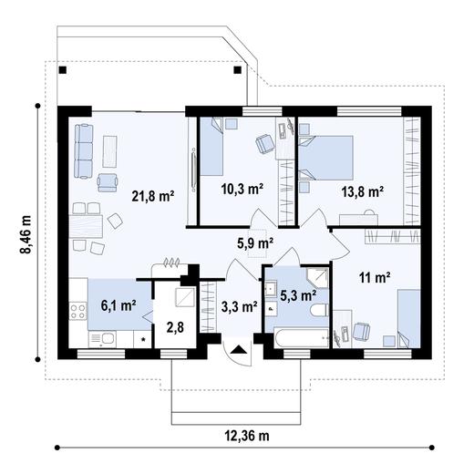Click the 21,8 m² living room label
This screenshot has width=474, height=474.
pos(153,196)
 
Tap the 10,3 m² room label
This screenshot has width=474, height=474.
pos(242,189)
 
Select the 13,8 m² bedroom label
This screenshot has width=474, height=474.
pos(362,191)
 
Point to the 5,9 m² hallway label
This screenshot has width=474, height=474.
pos(255,243)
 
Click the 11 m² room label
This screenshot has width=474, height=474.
pos(375,277)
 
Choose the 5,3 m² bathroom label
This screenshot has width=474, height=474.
pos(298,295)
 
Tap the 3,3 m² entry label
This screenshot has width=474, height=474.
pos(240,306)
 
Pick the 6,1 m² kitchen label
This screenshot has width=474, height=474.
pos(118,305)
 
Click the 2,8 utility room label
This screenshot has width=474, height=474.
pos(175,327)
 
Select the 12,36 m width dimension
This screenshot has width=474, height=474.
pos(247,436)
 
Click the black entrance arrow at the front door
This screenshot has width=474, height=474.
pos(239,349)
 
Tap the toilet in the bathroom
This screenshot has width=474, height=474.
pos(319,310)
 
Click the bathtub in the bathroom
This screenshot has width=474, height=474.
pos(301,338)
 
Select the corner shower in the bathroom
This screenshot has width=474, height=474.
pos(317,278)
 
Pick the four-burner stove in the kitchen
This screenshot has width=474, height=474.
pos(77,311)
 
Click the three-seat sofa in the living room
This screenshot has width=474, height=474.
pos(84,151)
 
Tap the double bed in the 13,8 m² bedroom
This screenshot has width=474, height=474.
pos(325,158)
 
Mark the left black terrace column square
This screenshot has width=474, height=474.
pos(63,70)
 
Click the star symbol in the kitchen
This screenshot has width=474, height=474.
pos(143,339)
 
